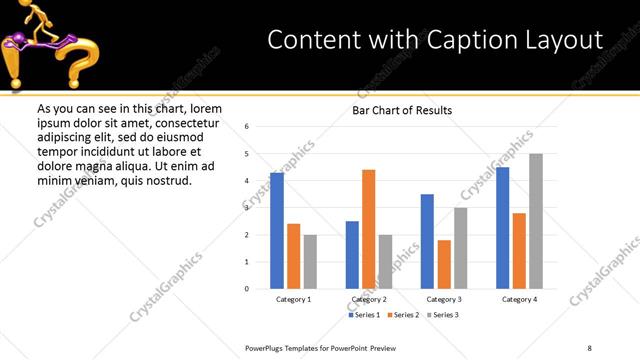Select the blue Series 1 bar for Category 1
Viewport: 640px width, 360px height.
tap(277, 231)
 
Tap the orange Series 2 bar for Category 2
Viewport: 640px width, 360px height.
tap(368, 229)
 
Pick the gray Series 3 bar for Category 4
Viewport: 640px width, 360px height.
tap(536, 221)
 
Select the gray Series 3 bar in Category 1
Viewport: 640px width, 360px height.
tap(310, 262)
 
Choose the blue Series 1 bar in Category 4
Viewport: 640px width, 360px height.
tap(502, 228)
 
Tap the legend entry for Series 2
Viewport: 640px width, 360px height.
tap(402, 315)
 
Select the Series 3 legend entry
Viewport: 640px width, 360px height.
tap(441, 315)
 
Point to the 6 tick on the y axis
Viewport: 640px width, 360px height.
tap(247, 126)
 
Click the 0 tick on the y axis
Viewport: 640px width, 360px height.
tap(247, 289)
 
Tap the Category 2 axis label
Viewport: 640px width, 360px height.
tap(368, 299)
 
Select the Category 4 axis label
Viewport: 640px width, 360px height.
tap(519, 299)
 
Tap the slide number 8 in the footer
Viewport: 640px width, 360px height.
tap(588, 347)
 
